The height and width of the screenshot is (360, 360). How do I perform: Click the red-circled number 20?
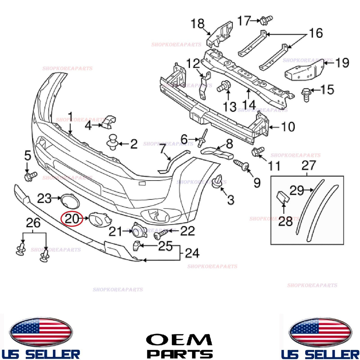(x=72, y=219)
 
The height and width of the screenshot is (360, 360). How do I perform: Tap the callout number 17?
(x=244, y=21)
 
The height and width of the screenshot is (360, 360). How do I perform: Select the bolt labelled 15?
(x=306, y=95)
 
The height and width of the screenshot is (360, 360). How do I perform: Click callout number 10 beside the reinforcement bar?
(x=288, y=127)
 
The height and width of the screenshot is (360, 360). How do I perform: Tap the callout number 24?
(x=192, y=253)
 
